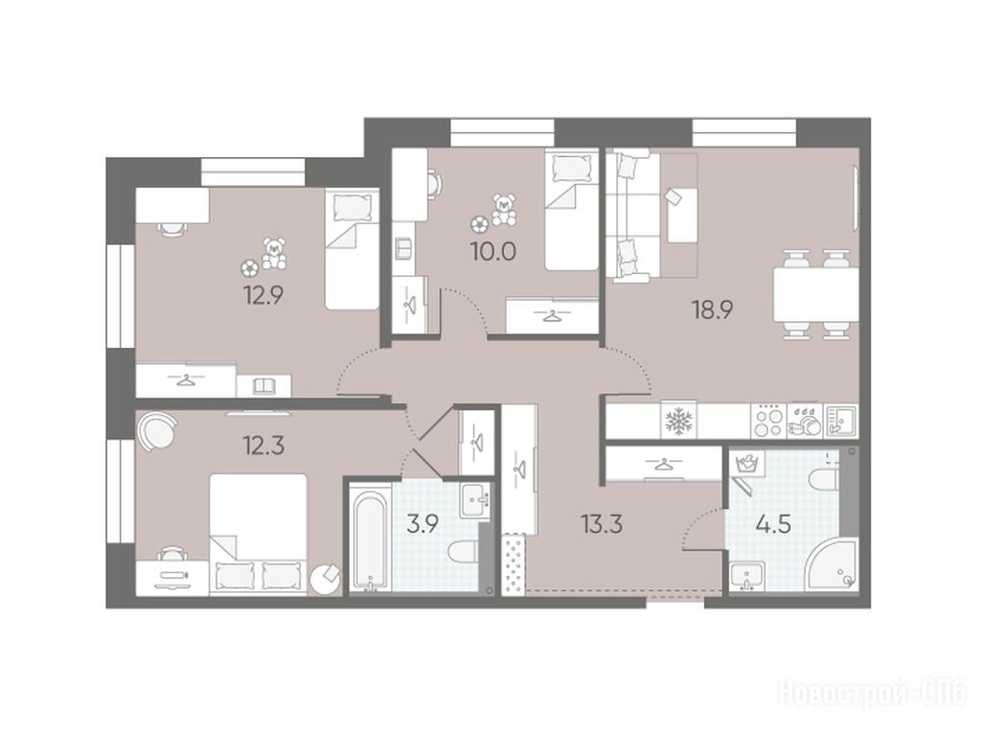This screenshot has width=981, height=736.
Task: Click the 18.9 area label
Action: [712, 310]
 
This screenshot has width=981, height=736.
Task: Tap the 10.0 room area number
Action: [493, 252]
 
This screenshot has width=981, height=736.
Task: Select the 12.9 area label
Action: [264, 294]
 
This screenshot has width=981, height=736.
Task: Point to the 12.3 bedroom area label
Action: [263, 447]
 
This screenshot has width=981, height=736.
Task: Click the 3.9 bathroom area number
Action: [422, 524]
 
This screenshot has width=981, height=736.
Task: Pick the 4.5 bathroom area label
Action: [773, 524]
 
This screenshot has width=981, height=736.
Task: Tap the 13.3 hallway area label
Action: [602, 524]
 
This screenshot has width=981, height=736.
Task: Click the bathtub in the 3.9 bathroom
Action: [369, 537]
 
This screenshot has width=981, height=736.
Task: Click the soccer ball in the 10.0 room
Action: [480, 223]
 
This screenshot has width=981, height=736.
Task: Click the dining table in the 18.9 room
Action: [816, 294]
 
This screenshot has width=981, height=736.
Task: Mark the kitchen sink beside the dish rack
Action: [841, 421]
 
